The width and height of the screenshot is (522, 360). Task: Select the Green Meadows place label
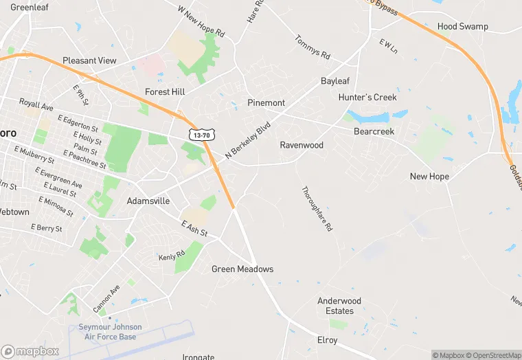[242, 269]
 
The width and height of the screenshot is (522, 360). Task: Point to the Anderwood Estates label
[339, 306]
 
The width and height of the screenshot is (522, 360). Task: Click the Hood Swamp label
[463, 27]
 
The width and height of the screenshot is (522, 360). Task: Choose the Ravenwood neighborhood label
[302, 146]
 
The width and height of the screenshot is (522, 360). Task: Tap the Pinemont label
[266, 103]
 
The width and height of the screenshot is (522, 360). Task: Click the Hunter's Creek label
[367, 98]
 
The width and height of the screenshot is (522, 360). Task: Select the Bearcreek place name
[374, 131]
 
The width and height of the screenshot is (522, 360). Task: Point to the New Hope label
[429, 177]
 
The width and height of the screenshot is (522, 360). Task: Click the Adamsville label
[148, 201]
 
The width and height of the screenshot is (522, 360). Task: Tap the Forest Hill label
[166, 91]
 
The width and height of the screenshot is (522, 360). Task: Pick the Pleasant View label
[90, 61]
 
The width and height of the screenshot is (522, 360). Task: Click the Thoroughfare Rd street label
[317, 208]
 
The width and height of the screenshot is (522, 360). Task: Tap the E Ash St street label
[194, 229]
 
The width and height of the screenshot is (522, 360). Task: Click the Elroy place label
[328, 341]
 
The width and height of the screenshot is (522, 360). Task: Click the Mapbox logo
[30, 351]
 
